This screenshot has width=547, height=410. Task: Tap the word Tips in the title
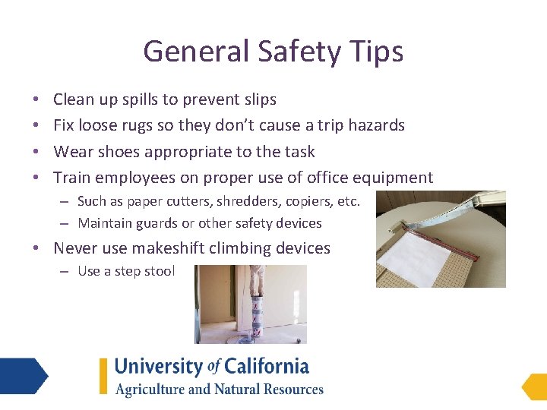point(377,52)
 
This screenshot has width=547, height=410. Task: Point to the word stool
point(160,271)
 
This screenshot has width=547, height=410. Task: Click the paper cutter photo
point(441,239)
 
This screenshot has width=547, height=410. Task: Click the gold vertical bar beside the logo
point(103,376)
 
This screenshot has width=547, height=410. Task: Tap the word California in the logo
point(266,367)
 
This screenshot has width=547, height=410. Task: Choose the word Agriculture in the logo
point(149,389)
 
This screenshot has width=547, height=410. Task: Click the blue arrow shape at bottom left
point(23,376)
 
